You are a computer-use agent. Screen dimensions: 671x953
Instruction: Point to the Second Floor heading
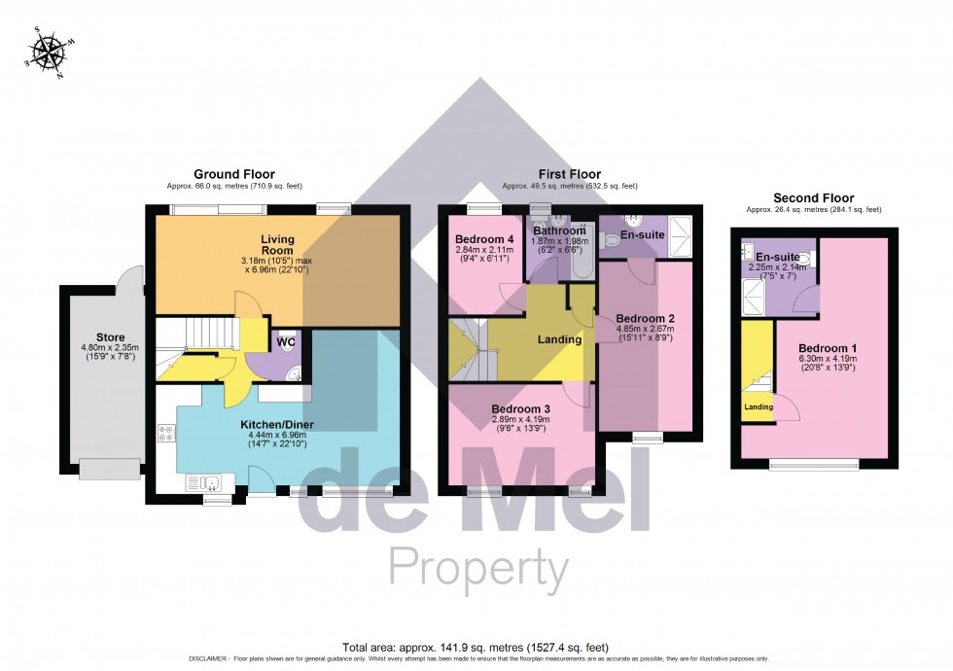(x=813, y=197)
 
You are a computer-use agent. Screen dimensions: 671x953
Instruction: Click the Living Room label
(x=277, y=244)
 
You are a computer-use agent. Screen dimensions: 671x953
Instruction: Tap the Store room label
(x=96, y=337)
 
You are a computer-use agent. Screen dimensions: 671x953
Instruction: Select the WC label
(x=285, y=342)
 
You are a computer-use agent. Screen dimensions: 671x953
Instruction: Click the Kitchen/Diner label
(x=276, y=425)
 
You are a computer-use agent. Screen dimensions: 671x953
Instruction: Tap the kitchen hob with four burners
(x=163, y=434)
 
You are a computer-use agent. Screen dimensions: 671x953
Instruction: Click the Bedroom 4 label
(x=483, y=239)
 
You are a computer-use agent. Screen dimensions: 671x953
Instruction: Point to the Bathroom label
(x=558, y=230)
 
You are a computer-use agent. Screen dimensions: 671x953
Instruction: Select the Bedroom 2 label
(x=645, y=318)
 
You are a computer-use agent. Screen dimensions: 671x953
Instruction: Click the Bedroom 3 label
(x=521, y=408)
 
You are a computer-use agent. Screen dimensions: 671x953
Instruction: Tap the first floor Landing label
(x=559, y=339)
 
